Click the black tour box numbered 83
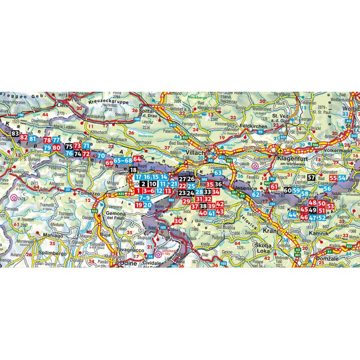point(16,134)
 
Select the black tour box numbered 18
point(133,170)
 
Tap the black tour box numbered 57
point(312,178)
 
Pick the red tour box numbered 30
point(178,221)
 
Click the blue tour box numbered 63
point(218,173)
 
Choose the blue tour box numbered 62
point(256,194)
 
